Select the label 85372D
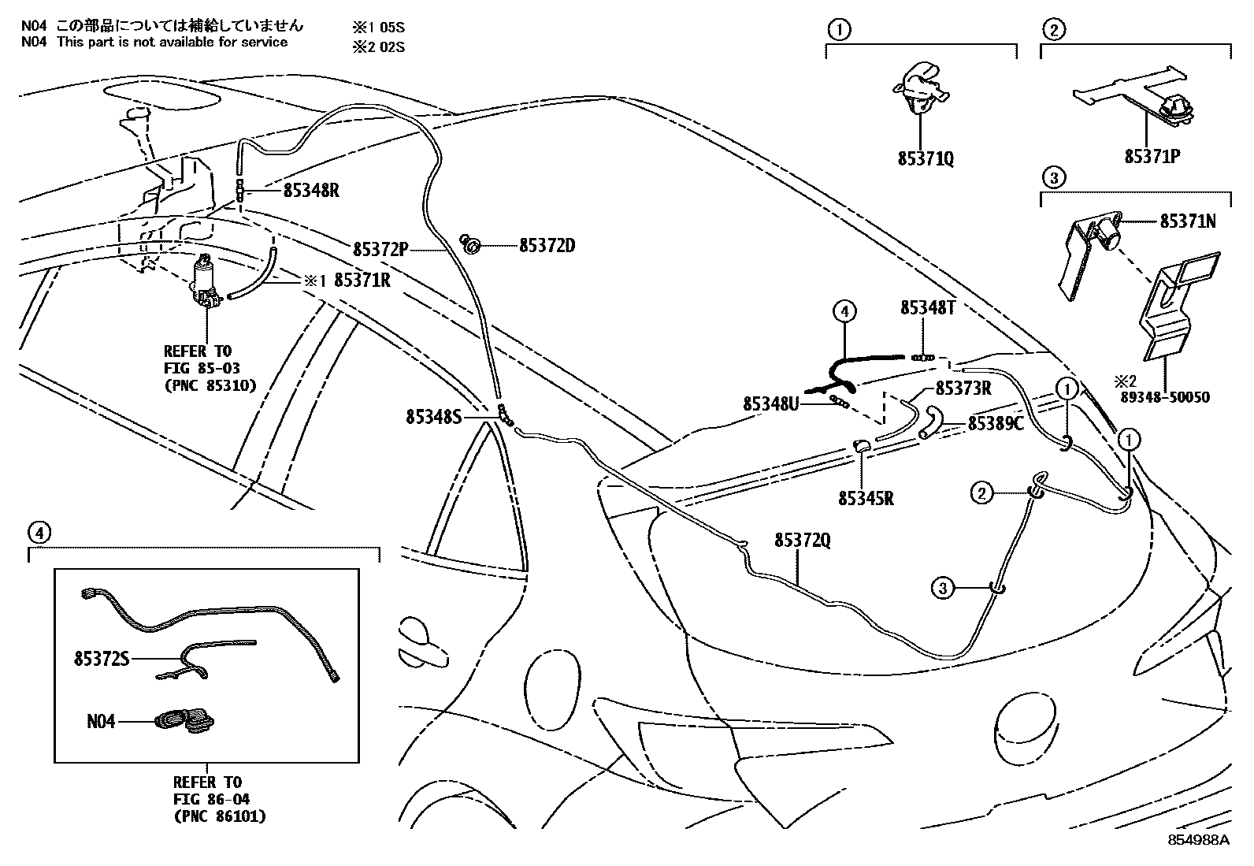[547, 246]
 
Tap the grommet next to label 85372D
[472, 246]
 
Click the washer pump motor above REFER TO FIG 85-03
[206, 282]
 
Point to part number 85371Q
[925, 158]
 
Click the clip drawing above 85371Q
[921, 87]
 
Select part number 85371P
[1152, 157]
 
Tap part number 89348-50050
[1163, 398]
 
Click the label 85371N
[1187, 221]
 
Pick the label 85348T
[928, 310]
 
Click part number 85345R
[866, 498]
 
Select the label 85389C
[995, 424]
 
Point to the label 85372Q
[802, 540]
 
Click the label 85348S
[433, 416]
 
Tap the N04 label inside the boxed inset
[101, 720]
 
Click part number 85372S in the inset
[101, 658]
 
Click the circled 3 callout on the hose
[944, 587]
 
